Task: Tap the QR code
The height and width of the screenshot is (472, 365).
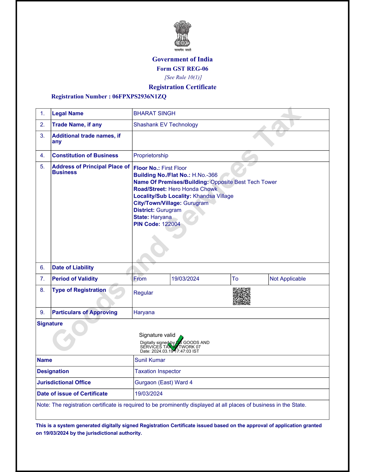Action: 242,296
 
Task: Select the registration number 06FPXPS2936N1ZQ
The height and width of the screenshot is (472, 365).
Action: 139,96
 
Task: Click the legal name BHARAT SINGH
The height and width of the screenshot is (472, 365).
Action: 154,113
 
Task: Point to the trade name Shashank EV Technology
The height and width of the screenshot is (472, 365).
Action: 165,124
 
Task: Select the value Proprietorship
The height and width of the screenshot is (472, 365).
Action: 151,155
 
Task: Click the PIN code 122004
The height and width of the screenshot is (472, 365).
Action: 171,224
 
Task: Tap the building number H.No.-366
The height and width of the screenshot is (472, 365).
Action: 204,175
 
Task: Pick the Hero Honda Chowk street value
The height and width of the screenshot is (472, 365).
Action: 193,189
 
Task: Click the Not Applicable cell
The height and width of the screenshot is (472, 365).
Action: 287,279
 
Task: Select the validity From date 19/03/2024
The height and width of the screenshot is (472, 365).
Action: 185,279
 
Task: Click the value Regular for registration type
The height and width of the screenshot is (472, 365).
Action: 143,293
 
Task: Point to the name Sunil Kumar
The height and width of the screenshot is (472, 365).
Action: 150,360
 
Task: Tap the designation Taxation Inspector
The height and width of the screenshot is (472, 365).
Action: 158,371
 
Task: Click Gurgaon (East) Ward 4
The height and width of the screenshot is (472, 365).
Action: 163,382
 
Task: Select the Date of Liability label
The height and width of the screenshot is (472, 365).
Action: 73,267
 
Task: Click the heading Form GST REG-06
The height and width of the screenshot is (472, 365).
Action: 182,69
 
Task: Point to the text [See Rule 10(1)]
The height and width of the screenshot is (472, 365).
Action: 183,77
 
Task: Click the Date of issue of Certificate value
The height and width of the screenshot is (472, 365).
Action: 149,394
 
